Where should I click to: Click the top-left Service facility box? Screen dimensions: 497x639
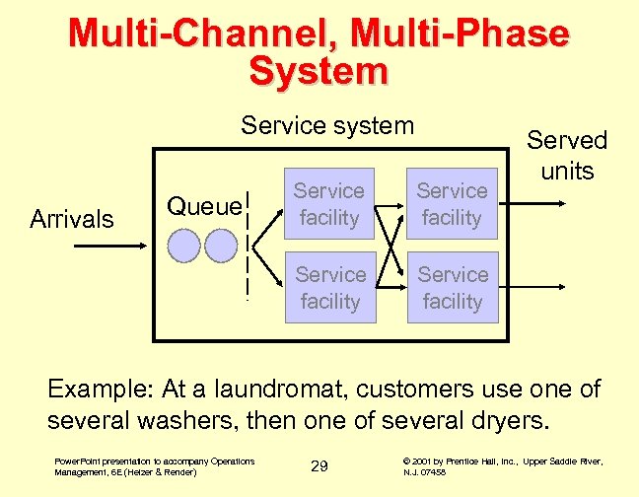coord(329,204)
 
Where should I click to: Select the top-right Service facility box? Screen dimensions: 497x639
coord(452,204)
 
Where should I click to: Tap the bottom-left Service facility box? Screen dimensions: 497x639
coord(329,287)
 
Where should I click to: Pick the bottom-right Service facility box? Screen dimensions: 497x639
coord(452,287)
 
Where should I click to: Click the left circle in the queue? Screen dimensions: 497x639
coord(185,245)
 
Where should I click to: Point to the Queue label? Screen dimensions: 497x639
coord(203,206)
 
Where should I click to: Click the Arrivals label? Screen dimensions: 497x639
coord(71,219)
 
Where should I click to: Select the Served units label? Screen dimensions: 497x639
coord(566,156)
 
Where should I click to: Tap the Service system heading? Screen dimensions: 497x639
coord(328,126)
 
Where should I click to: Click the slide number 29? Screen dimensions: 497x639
coord(319,465)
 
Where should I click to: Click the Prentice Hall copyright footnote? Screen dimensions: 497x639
coord(503,465)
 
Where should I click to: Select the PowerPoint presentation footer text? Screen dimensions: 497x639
coord(155,465)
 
